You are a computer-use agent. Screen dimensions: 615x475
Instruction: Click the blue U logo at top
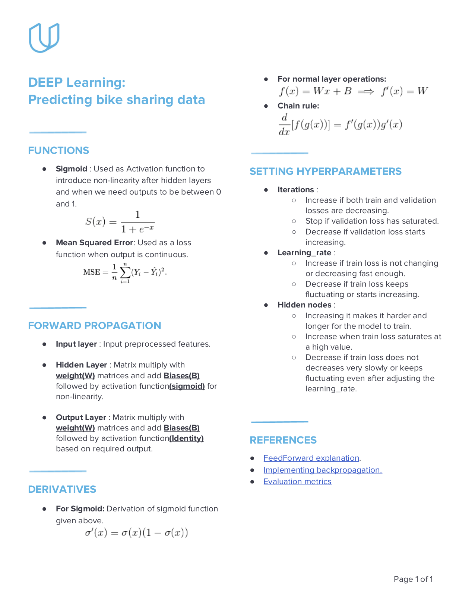44,37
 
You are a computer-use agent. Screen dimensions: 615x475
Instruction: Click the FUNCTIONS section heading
58,151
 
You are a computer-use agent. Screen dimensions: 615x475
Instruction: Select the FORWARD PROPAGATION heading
95,326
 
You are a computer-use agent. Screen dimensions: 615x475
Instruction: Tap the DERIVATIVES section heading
62,489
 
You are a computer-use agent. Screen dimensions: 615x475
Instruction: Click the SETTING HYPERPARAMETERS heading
325,171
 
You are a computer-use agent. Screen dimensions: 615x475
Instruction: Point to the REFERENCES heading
283,440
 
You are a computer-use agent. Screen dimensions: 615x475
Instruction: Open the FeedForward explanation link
311,458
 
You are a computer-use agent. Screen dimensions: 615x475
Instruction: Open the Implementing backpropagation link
323,470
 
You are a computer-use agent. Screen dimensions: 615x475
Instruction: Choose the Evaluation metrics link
297,482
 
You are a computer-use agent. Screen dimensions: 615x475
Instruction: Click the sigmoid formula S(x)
120,222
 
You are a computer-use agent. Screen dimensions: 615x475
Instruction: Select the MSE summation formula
125,272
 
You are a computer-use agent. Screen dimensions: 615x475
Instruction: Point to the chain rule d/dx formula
340,124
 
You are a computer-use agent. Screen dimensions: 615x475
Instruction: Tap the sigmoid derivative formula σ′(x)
136,533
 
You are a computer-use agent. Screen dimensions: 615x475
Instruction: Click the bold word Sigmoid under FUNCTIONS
72,169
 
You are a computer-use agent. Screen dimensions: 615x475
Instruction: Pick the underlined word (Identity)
186,438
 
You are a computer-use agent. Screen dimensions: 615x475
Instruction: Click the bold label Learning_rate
304,253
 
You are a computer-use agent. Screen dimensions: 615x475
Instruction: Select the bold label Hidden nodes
304,305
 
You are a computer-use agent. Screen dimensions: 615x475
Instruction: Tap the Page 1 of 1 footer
413,579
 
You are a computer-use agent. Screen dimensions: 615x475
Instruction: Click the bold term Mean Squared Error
94,243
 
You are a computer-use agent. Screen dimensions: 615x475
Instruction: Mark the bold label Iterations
296,190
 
